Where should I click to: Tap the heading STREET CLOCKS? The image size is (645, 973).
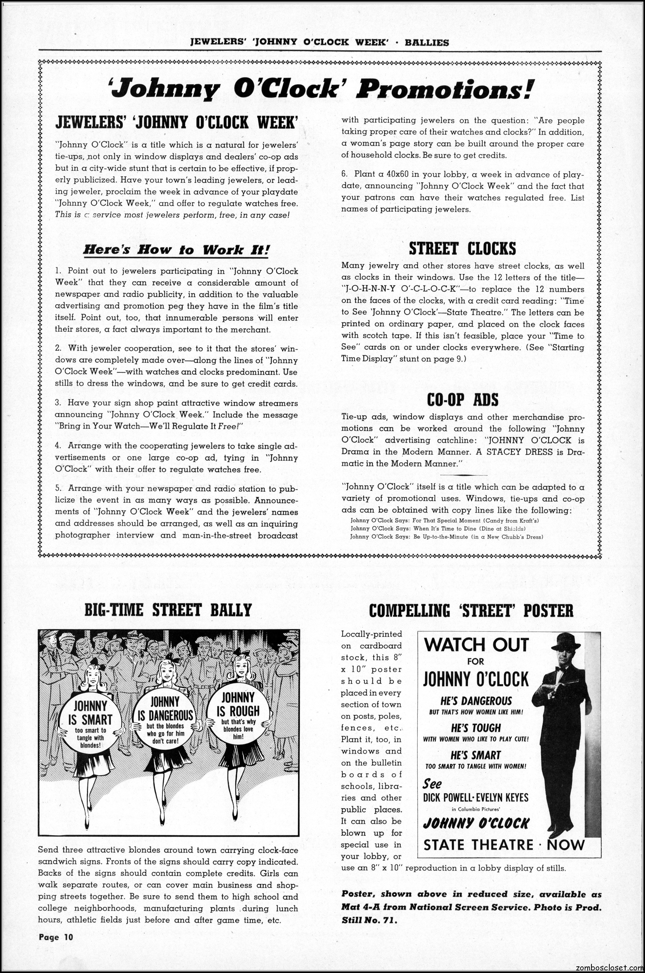tap(462, 249)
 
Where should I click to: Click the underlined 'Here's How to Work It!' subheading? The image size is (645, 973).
tap(176, 250)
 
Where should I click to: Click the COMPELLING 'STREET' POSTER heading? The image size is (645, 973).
tap(471, 611)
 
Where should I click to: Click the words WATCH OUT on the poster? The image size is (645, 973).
tap(476, 644)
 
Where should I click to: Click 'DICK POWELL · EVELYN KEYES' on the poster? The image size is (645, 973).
tap(475, 798)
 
